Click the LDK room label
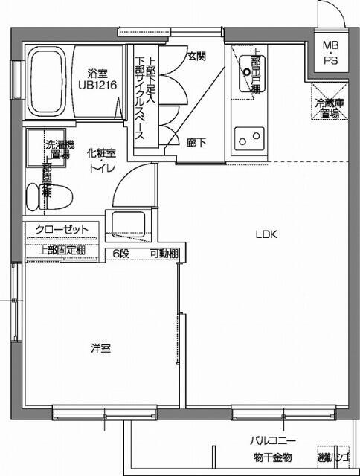[x=266, y=234]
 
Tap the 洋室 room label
[x=101, y=348]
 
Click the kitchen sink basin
[x=245, y=75]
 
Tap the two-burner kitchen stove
[x=248, y=138]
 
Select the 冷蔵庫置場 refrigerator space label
[x=329, y=109]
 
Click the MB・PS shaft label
[x=330, y=54]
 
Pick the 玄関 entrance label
[x=196, y=56]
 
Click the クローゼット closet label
[x=62, y=229]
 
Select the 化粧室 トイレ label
[x=101, y=159]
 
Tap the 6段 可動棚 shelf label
[x=144, y=254]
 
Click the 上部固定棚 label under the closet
[x=61, y=250]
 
